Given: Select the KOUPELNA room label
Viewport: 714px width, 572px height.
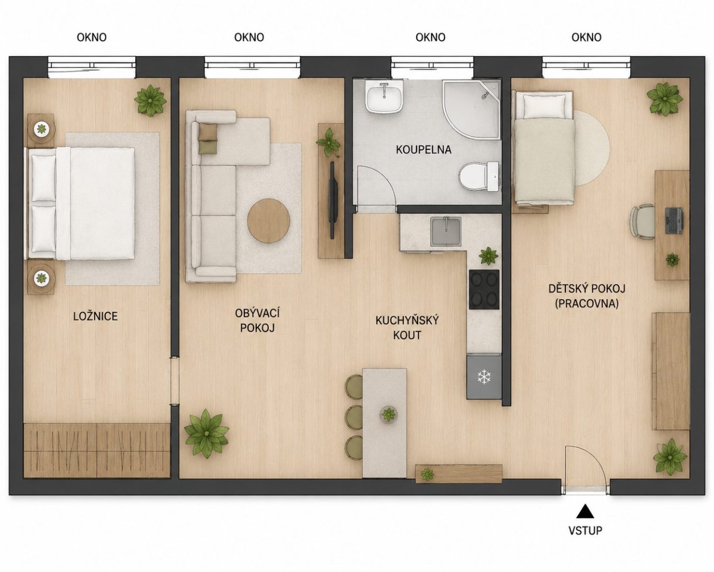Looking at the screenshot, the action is coord(423,150).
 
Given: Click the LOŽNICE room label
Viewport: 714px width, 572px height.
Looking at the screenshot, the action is coord(95,316).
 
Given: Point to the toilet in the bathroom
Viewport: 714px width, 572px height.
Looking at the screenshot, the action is coord(479,177).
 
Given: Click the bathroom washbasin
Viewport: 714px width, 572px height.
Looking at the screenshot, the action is coord(384,96).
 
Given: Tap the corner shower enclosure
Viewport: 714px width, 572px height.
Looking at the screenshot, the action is coord(471,110).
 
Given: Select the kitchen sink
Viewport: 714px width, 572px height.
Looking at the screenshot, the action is coord(446,231).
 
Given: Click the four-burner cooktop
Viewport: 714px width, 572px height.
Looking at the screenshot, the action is coord(484,290).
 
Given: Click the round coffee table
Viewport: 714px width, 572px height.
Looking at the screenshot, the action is coord(269,220).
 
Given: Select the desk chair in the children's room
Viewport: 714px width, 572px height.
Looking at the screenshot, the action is coord(643,222).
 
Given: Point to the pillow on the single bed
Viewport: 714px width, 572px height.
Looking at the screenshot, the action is coord(544,105).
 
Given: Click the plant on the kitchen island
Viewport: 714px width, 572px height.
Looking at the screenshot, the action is coord(388,414).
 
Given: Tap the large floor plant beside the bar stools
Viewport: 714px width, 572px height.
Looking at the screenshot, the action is coord(206,433).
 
